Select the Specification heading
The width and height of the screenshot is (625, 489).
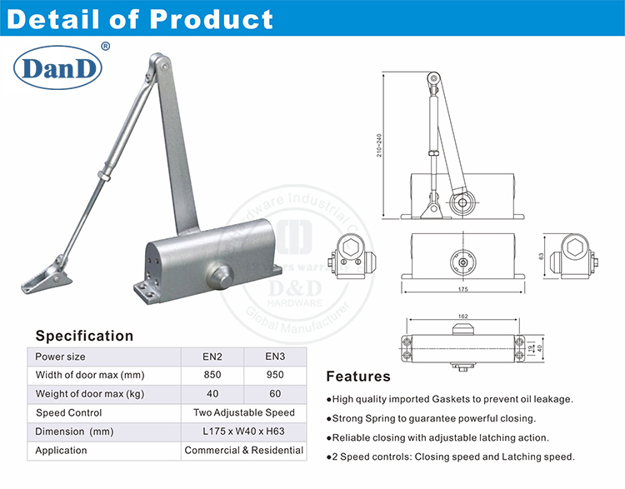(84, 336)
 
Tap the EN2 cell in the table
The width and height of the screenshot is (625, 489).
(212, 357)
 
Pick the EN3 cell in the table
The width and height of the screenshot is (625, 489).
(273, 357)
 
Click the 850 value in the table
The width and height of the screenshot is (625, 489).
(212, 375)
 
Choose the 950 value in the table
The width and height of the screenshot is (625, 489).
(273, 375)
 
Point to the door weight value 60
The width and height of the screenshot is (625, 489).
(273, 394)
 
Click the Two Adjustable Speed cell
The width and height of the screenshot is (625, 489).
(243, 413)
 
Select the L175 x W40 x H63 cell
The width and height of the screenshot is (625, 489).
(243, 432)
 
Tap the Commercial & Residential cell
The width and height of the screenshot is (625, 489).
(243, 451)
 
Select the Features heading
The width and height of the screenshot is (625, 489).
(357, 377)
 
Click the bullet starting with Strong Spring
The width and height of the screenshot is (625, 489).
(433, 418)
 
